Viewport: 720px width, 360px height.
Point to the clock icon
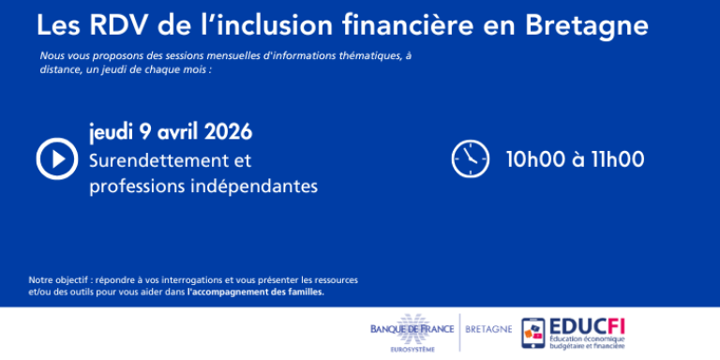tap(471, 157)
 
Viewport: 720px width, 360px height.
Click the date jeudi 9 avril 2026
tap(171, 131)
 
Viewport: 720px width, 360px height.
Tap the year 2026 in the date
tap(228, 131)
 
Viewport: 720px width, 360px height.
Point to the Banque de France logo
tap(412, 329)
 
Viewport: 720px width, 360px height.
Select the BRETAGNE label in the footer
tap(489, 329)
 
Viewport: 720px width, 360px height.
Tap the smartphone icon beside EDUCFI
tap(532, 335)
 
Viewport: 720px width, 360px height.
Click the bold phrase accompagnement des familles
tap(256, 292)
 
